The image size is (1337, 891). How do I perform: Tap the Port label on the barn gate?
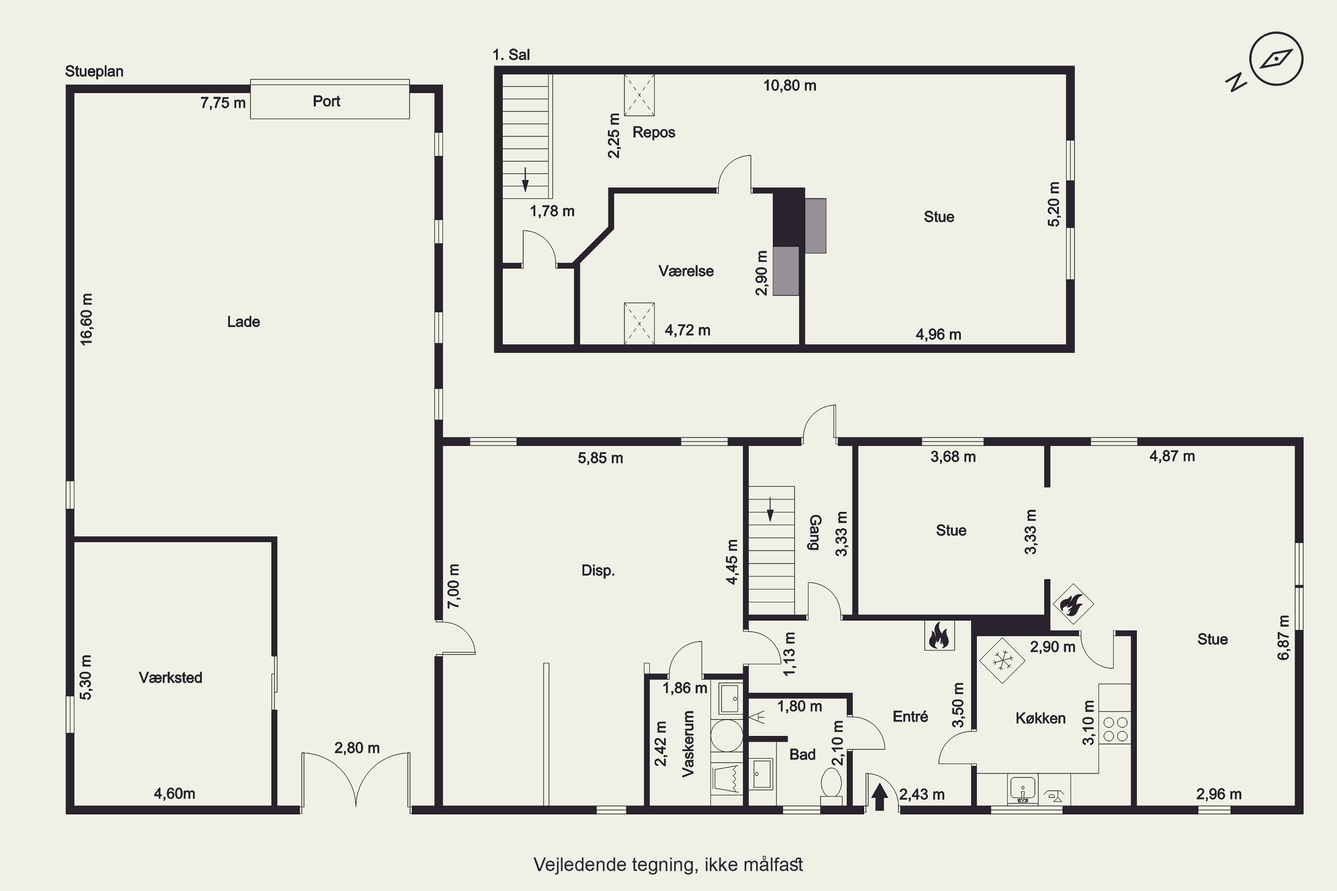point(326,101)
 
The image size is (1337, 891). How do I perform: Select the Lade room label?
point(243,322)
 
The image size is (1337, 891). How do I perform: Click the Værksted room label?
point(171,677)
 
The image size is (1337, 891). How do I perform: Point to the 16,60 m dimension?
point(86,319)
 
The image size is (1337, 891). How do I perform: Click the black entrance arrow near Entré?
point(879,796)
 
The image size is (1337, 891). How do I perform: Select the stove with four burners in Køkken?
point(1115,728)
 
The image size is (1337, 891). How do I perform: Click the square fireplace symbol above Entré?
point(939,635)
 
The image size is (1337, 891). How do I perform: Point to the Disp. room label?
point(598,571)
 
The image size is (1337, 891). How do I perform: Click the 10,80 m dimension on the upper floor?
point(790,86)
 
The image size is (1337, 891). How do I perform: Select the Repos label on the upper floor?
point(654,132)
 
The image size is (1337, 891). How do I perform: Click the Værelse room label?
point(686,271)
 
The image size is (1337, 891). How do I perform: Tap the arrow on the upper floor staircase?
point(525,179)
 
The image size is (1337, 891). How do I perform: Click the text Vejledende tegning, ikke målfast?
point(668,864)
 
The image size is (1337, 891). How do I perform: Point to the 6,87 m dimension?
point(1284,638)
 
